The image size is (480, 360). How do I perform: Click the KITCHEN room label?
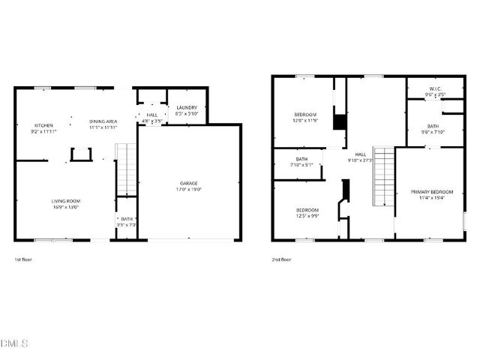[x=42, y=125]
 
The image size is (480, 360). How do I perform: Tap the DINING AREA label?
[x=103, y=121]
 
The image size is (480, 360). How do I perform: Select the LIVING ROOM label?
[x=66, y=201]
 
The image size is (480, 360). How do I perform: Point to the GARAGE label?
[x=188, y=184]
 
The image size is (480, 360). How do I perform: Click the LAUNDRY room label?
[x=187, y=108]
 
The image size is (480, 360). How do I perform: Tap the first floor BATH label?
[x=127, y=220]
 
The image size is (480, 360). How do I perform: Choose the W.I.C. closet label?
[x=435, y=89]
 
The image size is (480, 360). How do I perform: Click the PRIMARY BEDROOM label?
[x=431, y=193]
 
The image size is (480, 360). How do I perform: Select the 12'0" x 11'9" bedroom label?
[x=305, y=115]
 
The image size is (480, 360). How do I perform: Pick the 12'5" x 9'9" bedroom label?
[x=307, y=210]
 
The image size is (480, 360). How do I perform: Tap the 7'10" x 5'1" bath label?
[x=301, y=159]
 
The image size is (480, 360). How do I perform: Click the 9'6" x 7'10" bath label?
[x=434, y=126]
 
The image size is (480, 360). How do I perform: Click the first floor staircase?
[x=127, y=169]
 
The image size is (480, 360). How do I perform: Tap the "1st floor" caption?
[x=23, y=259]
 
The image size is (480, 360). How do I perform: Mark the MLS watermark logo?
[x=14, y=343]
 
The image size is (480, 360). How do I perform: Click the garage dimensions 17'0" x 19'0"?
[x=188, y=189]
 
